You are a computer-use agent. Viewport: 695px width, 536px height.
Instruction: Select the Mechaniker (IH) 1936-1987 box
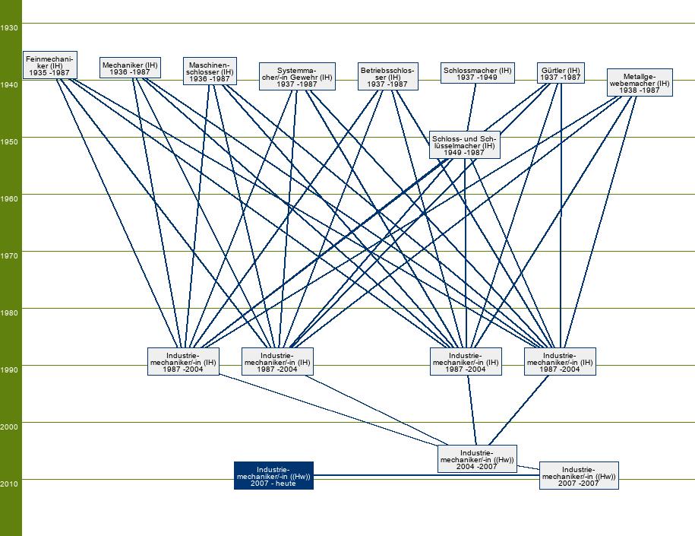point(130,68)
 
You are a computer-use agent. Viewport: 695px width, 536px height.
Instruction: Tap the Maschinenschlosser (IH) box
point(210,71)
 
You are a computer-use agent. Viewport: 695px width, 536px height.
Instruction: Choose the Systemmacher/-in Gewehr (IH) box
point(297,77)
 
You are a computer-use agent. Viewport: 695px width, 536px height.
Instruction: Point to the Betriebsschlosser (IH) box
point(387,77)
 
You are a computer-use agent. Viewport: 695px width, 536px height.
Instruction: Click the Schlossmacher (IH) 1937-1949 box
point(477,73)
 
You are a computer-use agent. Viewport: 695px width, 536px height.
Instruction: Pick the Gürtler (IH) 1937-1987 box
point(561,73)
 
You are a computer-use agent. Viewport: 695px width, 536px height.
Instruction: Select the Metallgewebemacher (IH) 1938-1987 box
point(640,83)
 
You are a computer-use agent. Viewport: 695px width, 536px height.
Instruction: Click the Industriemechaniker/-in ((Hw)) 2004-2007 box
point(477,459)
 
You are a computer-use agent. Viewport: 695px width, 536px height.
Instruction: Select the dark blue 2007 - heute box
point(273,476)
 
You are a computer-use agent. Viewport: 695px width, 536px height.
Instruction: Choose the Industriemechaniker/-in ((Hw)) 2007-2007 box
point(579,476)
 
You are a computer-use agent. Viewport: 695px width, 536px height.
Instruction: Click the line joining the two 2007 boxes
point(425,475)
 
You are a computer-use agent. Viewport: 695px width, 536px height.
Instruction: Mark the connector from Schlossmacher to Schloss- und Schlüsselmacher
point(472,106)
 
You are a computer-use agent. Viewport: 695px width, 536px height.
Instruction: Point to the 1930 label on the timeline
point(10,27)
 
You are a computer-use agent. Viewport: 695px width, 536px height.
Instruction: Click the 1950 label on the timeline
point(10,141)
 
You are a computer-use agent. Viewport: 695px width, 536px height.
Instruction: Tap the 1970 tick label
point(10,255)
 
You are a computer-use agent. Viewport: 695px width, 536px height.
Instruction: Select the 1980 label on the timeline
point(10,312)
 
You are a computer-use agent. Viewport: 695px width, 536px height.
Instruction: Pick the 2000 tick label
point(10,427)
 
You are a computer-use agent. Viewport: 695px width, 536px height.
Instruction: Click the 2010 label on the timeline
point(10,484)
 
